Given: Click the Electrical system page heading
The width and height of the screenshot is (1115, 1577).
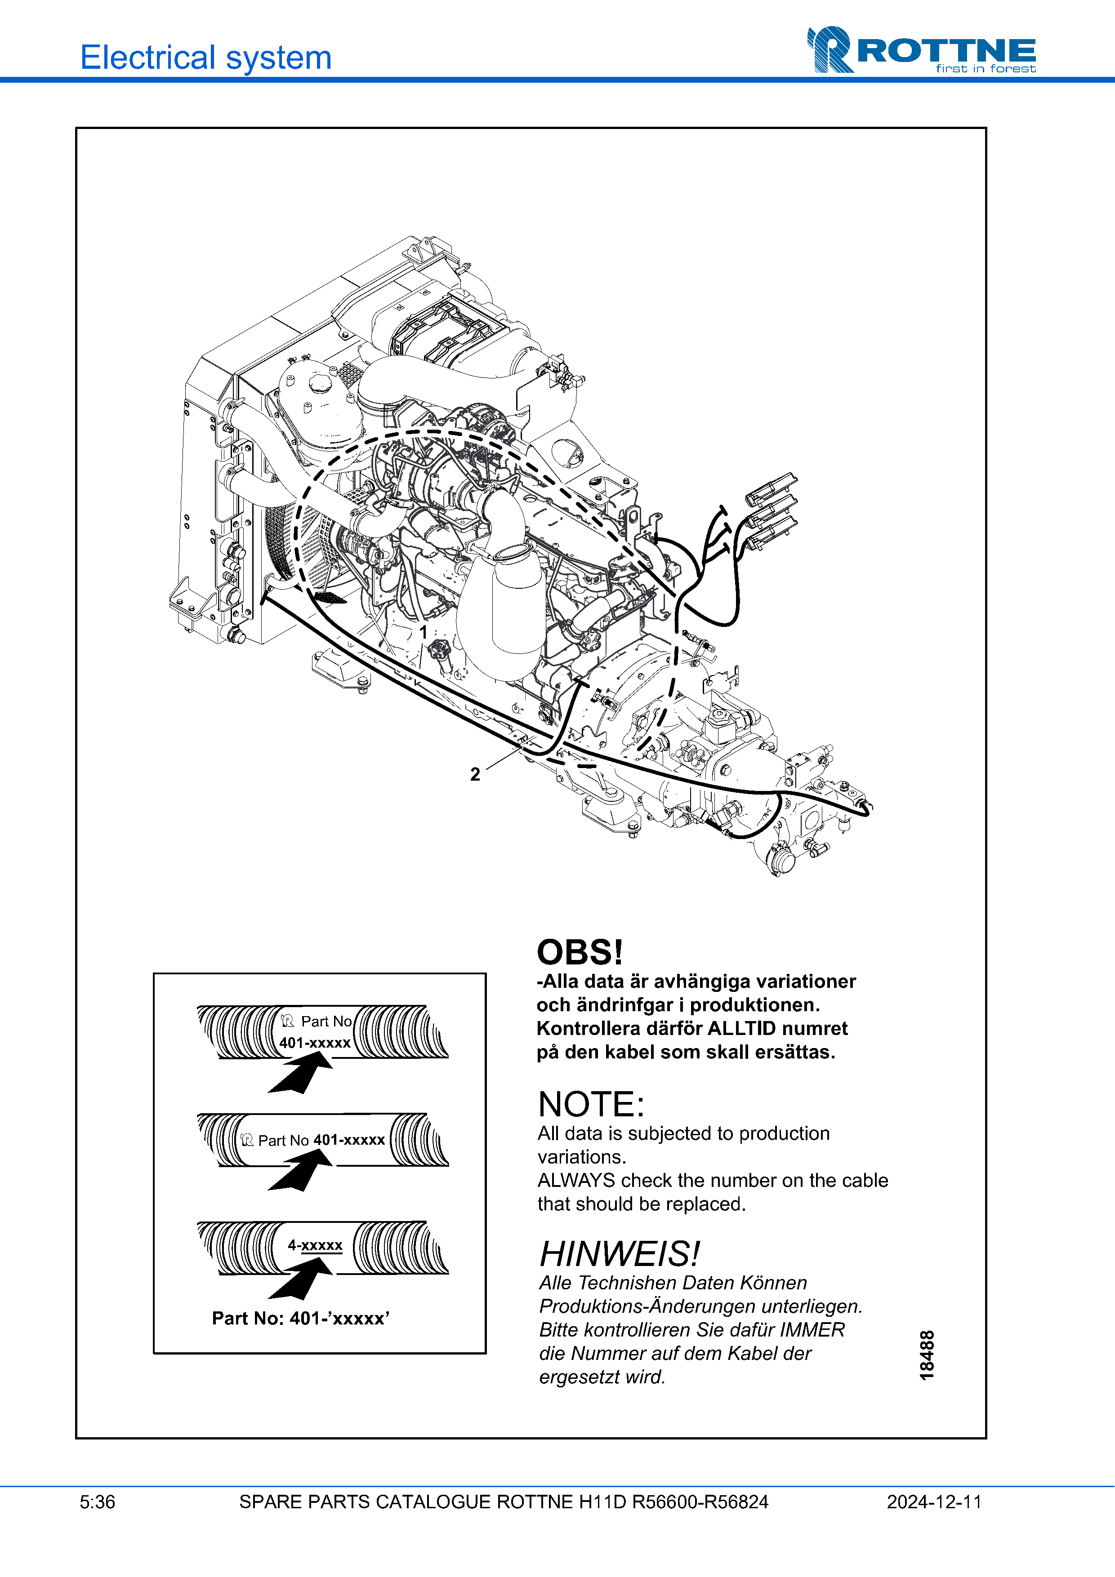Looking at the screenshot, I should click(x=205, y=57).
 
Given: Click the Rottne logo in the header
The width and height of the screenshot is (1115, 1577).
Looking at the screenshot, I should click(x=921, y=49).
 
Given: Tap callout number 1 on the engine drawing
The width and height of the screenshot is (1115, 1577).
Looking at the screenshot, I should click(x=424, y=631).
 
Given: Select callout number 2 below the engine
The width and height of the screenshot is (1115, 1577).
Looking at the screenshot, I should click(x=475, y=774).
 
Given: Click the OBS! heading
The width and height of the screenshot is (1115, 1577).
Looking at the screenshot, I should click(x=579, y=953).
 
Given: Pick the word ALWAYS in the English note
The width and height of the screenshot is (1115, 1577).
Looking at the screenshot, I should click(x=575, y=1181).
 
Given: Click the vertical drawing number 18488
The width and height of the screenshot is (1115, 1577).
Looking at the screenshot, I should click(x=927, y=1355).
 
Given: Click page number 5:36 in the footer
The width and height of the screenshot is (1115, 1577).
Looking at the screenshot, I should click(x=98, y=1502).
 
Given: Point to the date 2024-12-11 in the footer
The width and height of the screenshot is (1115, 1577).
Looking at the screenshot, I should click(x=934, y=1502).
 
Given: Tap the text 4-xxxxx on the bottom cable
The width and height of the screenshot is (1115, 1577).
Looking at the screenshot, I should click(x=315, y=1245).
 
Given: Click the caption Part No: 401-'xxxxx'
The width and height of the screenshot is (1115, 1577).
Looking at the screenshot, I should click(x=300, y=1318).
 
